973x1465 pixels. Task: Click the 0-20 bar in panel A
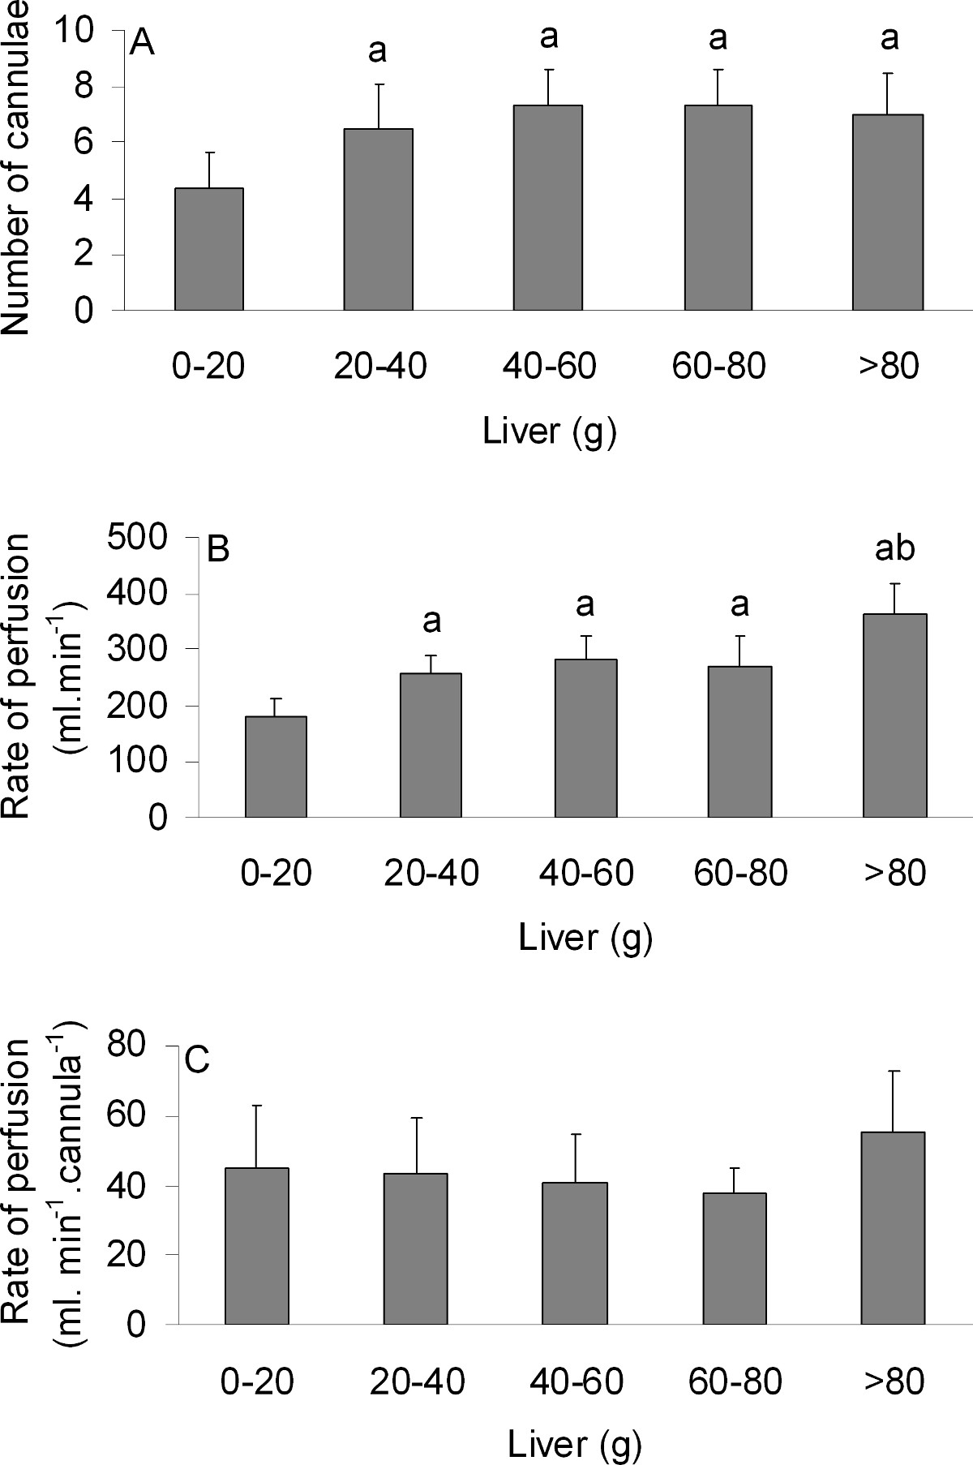tap(209, 249)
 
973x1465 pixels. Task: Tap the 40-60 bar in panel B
tap(585, 738)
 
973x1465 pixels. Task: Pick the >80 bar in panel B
tap(895, 715)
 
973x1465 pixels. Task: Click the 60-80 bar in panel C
tap(734, 1258)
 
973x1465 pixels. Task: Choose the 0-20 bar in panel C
tap(256, 1246)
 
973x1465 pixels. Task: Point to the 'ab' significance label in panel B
tap(895, 548)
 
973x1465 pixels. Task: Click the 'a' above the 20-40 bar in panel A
tap(378, 52)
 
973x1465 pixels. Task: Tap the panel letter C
tap(198, 1060)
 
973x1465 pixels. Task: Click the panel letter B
tap(219, 550)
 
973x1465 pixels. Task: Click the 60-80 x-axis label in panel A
tap(718, 367)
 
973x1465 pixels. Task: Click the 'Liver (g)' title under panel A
tap(550, 431)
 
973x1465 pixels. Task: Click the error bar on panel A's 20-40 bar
tap(379, 105)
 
